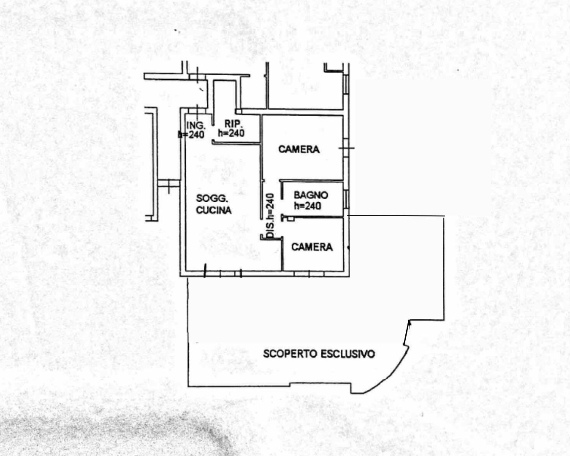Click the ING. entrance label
point(195,125)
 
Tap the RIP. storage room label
point(232,124)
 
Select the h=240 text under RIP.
point(231,133)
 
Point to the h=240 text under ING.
point(191,135)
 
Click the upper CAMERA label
point(299,149)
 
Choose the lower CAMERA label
point(312,247)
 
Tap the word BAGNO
point(311,195)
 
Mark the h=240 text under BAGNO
point(307,206)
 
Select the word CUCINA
point(214,210)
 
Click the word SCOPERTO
point(290,354)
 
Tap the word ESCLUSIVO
point(348,354)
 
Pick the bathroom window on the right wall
point(346,198)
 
